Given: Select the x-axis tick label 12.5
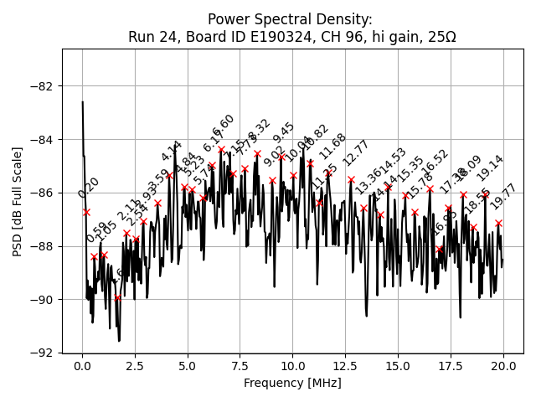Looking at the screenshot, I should [x=345, y=366].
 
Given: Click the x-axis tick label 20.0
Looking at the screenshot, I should [x=502, y=366].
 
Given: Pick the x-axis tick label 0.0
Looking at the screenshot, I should [x=82, y=366].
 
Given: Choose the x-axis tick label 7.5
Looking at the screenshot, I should [x=240, y=366].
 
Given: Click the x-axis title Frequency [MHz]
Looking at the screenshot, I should [x=292, y=383].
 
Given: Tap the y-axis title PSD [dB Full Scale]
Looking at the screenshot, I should [x=18, y=201].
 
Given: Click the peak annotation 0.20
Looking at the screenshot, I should [x=89, y=188].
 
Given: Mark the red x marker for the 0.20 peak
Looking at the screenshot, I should [x=86, y=212].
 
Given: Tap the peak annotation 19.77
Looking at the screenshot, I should [x=504, y=198].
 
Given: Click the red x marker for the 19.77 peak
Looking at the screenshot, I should [x=498, y=223].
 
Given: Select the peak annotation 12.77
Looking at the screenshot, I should [x=356, y=154].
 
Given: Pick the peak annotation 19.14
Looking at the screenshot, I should [x=490, y=168].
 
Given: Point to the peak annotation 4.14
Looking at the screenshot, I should [x=172, y=152].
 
